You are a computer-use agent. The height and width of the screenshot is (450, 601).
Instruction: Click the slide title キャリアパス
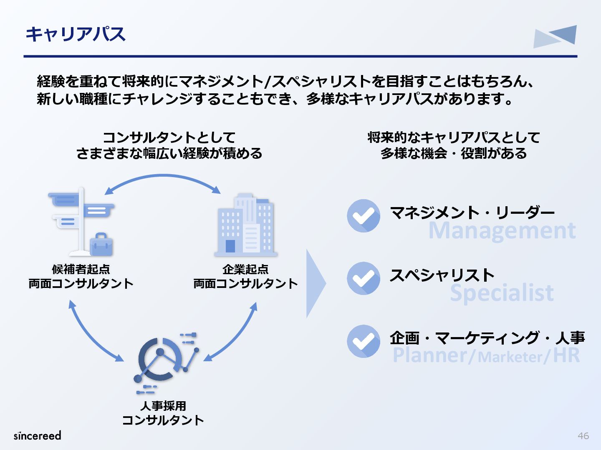click(x=76, y=34)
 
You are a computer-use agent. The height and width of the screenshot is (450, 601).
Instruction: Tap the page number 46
click(x=583, y=436)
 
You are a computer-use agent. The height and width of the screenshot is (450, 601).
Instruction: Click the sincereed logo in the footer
click(x=38, y=435)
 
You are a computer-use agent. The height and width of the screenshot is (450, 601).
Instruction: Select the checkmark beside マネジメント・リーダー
click(x=364, y=216)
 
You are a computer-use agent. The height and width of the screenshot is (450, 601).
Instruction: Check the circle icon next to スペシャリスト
click(x=364, y=278)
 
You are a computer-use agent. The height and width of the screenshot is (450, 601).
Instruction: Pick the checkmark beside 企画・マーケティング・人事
click(x=364, y=341)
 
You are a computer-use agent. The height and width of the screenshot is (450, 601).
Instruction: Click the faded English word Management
click(x=502, y=230)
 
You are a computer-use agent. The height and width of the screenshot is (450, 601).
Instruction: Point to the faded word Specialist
click(x=502, y=293)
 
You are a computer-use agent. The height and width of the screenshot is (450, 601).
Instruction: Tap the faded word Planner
click(x=430, y=355)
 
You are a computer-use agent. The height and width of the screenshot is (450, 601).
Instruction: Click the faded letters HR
click(x=566, y=355)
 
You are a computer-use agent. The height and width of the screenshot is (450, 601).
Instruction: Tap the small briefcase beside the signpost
click(x=101, y=244)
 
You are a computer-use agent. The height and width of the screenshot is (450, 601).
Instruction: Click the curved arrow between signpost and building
click(x=163, y=177)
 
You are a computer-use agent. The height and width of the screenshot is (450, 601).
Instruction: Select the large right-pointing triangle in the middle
click(x=315, y=284)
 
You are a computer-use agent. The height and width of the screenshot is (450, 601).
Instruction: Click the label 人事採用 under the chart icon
click(x=163, y=405)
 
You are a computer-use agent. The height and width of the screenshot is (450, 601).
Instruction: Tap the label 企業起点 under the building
click(x=245, y=269)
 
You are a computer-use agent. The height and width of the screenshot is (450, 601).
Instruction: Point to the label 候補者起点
click(x=81, y=269)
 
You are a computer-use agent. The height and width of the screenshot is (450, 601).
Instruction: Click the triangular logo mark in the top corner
click(x=556, y=36)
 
